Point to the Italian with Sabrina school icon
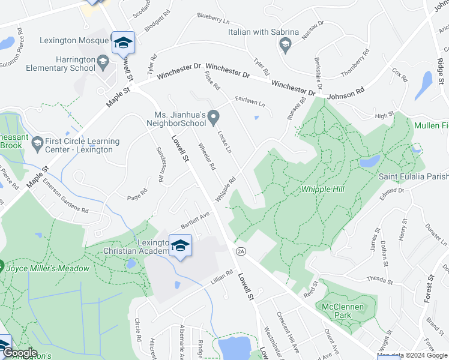(284, 43)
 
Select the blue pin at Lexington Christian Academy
(179, 246)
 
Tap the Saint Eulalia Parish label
(413, 176)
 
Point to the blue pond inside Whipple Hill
(369, 161)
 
